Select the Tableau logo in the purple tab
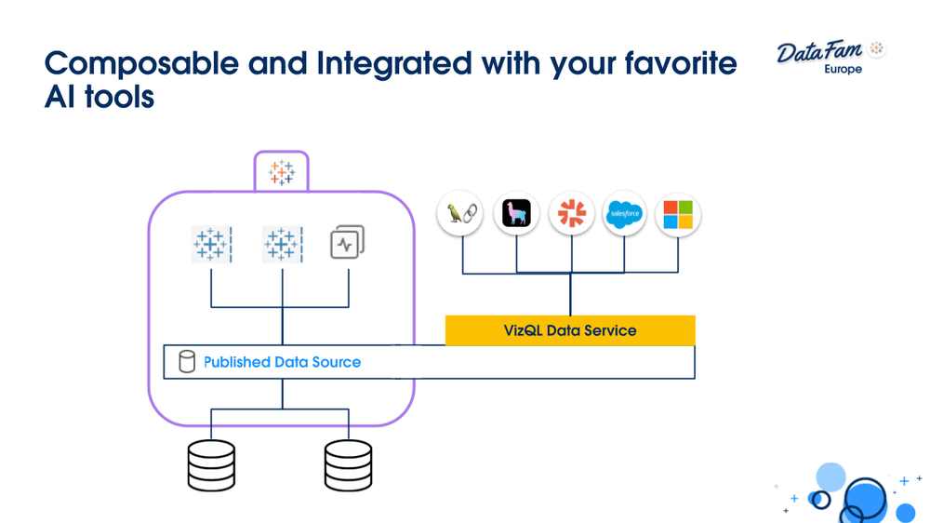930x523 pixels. pyautogui.click(x=281, y=172)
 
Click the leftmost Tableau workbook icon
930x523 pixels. pyautogui.click(x=211, y=244)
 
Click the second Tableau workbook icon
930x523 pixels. pyautogui.click(x=282, y=244)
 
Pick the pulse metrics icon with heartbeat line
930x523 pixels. pyautogui.click(x=347, y=243)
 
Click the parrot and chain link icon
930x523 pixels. pyautogui.click(x=460, y=214)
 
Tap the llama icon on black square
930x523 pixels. pyautogui.click(x=516, y=214)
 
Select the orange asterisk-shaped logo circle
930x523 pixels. pyautogui.click(x=571, y=214)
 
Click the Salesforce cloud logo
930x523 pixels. pyautogui.click(x=624, y=214)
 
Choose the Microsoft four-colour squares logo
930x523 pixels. pyautogui.click(x=678, y=214)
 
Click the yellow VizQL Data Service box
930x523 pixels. pyautogui.click(x=570, y=330)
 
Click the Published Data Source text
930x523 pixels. pyautogui.click(x=282, y=362)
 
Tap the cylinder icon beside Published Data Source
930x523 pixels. pyautogui.click(x=187, y=362)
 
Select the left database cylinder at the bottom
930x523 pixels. pyautogui.click(x=211, y=465)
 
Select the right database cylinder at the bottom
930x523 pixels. pyautogui.click(x=348, y=465)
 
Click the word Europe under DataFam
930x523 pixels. pyautogui.click(x=843, y=70)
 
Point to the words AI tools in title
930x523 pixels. pyautogui.click(x=99, y=96)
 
